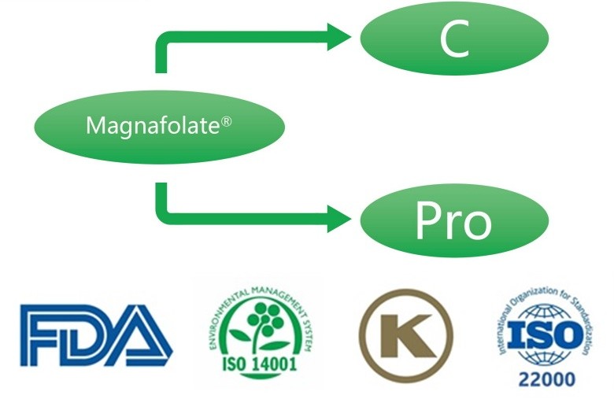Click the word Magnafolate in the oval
[153, 126]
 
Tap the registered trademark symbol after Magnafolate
[227, 122]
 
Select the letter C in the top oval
[454, 39]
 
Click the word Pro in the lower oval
[453, 220]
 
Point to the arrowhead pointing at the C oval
[339, 37]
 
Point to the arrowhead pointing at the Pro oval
[339, 218]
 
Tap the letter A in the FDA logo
[140, 335]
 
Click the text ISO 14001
[259, 364]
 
